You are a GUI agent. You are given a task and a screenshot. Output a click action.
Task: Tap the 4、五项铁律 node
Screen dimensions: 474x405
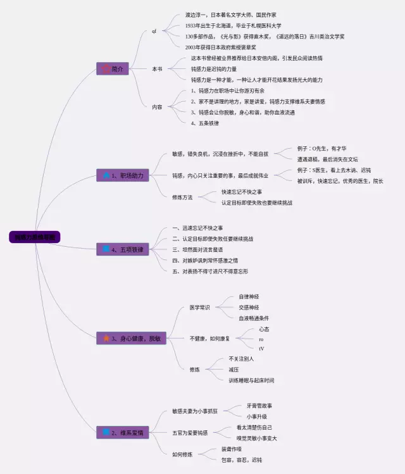(123, 250)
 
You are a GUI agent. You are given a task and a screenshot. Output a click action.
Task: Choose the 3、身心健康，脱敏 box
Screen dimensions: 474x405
(131, 339)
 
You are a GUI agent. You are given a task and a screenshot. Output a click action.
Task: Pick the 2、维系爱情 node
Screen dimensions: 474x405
(123, 433)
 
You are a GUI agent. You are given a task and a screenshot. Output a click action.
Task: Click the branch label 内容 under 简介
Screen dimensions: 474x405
(157, 107)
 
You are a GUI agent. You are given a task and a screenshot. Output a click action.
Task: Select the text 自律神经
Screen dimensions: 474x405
(249, 296)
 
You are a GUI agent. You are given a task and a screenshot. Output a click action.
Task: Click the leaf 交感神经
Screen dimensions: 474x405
(249, 307)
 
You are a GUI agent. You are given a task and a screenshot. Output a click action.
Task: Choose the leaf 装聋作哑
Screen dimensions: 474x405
(231, 449)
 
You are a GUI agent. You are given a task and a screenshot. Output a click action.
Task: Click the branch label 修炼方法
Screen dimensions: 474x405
(186, 197)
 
